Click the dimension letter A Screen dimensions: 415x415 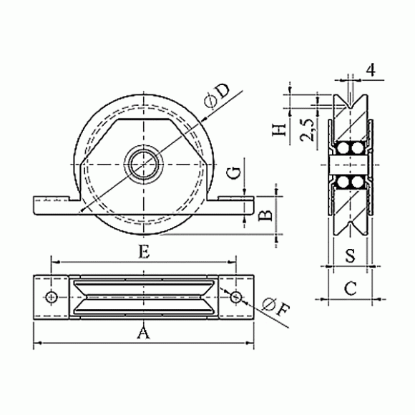(x=143, y=333)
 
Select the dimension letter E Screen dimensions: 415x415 (x=145, y=252)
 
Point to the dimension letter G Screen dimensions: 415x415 (x=235, y=173)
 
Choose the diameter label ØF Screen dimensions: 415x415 (x=275, y=308)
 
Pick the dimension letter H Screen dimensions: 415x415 (x=280, y=130)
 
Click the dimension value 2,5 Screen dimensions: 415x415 (x=307, y=130)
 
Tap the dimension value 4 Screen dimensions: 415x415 (x=371, y=70)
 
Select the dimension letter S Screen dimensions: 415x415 (x=351, y=255)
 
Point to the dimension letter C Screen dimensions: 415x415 (x=351, y=288)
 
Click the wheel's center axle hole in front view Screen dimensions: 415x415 (x=144, y=165)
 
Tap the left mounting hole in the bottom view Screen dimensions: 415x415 (x=52, y=297)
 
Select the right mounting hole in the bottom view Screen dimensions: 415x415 (x=235, y=297)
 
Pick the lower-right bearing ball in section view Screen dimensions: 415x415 (x=358, y=182)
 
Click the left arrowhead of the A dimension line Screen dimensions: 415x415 (x=38, y=343)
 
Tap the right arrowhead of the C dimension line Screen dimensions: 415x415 (x=376, y=299)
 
